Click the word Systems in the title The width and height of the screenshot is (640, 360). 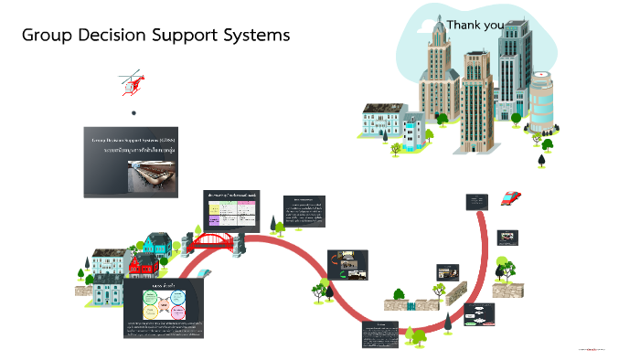tap(252, 36)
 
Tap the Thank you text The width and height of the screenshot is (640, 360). tap(475, 25)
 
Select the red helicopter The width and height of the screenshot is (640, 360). tap(133, 83)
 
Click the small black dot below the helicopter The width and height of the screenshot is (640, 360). tap(133, 112)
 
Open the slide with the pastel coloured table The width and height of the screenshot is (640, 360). tap(233, 209)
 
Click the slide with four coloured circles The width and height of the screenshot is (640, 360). tap(163, 308)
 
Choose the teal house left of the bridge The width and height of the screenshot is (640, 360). tap(156, 244)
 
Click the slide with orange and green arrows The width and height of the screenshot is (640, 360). tap(347, 264)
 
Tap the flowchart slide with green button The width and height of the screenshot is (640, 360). tap(478, 315)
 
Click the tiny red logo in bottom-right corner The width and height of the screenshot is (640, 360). tap(597, 348)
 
